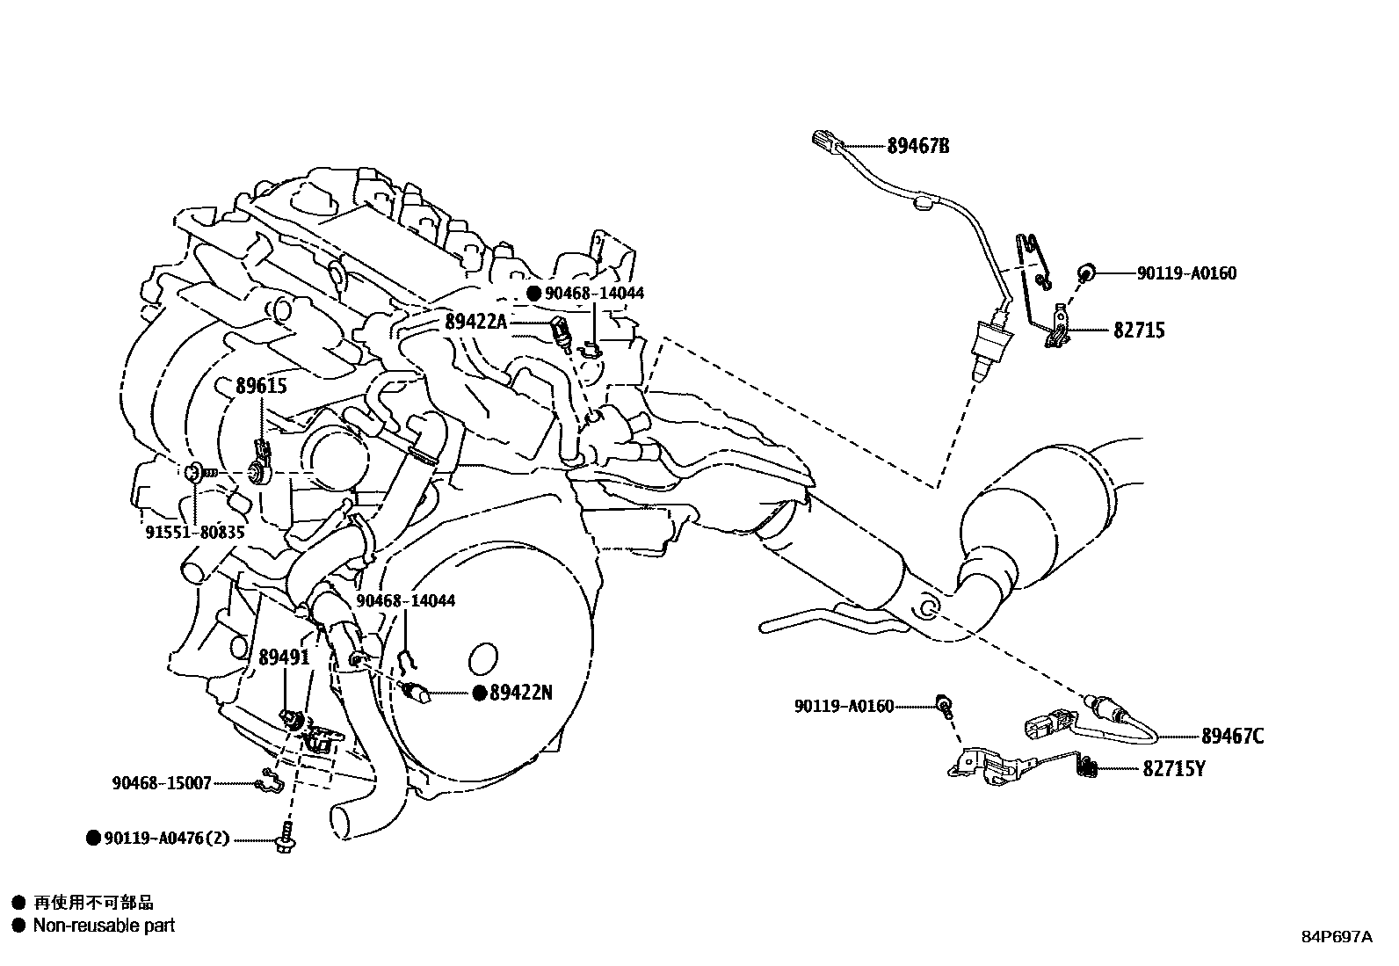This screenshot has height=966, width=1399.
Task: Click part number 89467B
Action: (917, 146)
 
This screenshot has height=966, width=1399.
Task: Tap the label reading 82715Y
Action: (1173, 769)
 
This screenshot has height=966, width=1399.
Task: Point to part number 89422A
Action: (476, 322)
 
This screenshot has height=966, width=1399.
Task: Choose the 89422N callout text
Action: (520, 693)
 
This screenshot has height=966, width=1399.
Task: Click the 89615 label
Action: (261, 386)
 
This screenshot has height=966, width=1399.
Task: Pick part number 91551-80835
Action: (194, 533)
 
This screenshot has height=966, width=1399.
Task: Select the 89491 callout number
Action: (284, 657)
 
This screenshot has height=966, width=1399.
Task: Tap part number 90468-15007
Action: (162, 783)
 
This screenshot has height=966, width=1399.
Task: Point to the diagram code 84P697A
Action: (1336, 937)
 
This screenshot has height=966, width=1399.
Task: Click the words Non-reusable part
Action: (104, 926)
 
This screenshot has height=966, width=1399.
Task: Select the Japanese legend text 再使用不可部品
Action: (93, 903)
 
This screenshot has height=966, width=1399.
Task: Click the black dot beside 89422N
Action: (480, 693)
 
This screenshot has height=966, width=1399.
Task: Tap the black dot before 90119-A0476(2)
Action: (93, 839)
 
